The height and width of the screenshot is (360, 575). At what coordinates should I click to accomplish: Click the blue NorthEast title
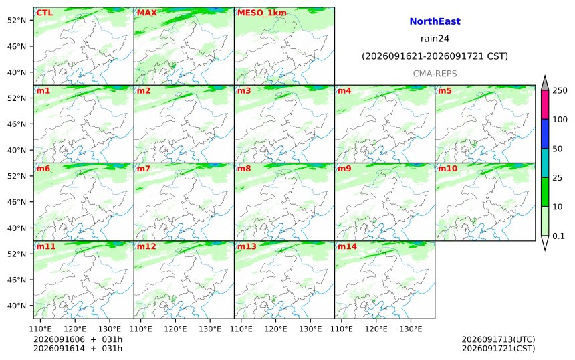point(435,21)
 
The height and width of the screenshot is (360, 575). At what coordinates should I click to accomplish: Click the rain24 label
point(435,39)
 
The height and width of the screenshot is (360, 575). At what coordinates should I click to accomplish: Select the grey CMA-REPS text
point(435,74)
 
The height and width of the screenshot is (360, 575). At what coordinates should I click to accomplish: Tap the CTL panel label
point(44,13)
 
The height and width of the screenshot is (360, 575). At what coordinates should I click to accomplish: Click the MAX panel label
point(146,13)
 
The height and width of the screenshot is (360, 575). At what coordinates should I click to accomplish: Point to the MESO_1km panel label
point(262,13)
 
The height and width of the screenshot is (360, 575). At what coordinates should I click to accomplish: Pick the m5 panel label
point(445,90)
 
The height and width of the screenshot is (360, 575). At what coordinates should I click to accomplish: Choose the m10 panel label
point(448,169)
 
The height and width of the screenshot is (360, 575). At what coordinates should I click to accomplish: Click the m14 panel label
point(347,246)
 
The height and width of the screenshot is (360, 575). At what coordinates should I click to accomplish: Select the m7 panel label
point(143,169)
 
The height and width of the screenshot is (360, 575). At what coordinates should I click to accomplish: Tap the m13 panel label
point(247,246)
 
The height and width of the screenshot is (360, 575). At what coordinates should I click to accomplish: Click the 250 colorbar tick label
point(560,90)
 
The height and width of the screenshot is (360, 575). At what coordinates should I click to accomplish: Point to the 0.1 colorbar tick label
point(558,236)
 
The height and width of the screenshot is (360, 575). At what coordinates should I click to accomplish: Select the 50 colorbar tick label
point(558,149)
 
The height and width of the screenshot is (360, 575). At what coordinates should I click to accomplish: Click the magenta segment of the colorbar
point(545,104)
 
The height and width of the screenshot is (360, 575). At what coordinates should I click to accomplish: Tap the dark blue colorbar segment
point(545,134)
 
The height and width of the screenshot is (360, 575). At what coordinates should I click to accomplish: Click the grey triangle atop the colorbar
point(545,83)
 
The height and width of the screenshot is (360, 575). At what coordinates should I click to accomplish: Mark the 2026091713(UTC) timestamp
point(498,339)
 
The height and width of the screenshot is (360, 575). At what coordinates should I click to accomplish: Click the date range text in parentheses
point(435,56)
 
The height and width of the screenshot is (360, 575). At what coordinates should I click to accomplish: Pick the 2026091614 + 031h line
point(78,348)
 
